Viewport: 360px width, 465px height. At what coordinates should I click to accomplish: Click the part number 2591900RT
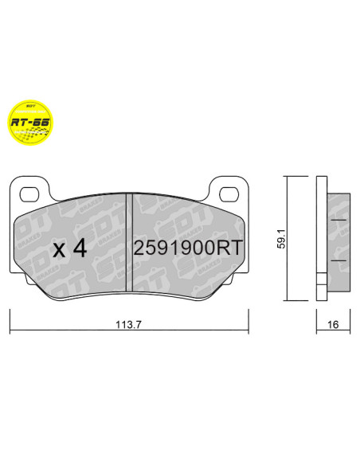click(186, 248)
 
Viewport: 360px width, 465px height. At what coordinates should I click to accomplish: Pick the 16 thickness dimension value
click(333, 325)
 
